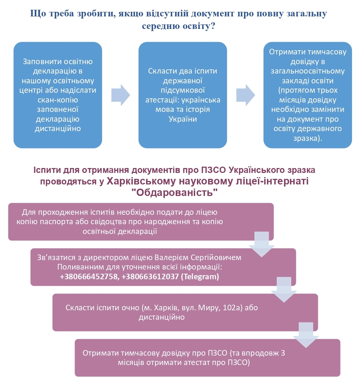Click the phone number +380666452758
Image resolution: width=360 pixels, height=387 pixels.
click(90, 276)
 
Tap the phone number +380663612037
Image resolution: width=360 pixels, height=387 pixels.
click(150, 276)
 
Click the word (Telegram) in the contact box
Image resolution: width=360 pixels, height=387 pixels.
click(200, 276)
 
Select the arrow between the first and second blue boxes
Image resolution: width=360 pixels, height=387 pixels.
click(121, 95)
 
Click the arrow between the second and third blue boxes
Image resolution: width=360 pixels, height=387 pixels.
click(246, 95)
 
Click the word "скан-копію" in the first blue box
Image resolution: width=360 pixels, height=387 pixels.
click(58, 100)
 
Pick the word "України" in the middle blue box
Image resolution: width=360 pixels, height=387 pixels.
click(183, 119)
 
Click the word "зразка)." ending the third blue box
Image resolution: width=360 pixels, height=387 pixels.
click(308, 138)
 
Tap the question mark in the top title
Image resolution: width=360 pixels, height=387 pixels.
click(213, 26)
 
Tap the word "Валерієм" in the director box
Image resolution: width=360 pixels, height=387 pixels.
click(171, 257)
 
